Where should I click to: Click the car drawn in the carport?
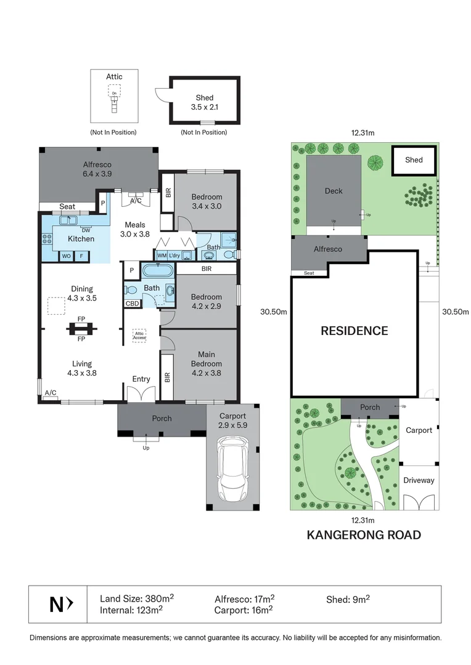coord(232,469)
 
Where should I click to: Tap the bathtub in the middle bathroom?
coord(158,270)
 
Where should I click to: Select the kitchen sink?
coord(68,220)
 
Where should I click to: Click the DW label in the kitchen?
coord(86,230)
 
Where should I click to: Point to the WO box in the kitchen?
coord(66,256)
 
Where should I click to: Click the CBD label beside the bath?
coord(132,303)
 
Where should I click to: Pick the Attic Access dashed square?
coord(139,336)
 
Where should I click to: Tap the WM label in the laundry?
coord(162,256)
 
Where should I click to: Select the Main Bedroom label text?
coord(207,359)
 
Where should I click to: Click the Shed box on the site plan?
coord(414,160)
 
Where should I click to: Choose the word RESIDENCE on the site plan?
coord(354,331)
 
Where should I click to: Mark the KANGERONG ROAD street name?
coord(364,535)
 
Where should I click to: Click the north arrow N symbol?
coord(61,605)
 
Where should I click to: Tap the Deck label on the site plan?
coord(334,191)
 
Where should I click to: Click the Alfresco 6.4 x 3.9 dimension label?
coord(97,169)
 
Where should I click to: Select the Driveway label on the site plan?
coord(419,480)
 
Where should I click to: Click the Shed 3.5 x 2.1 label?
coord(205,102)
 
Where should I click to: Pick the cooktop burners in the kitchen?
coord(47,239)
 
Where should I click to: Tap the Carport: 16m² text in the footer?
coord(244,610)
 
